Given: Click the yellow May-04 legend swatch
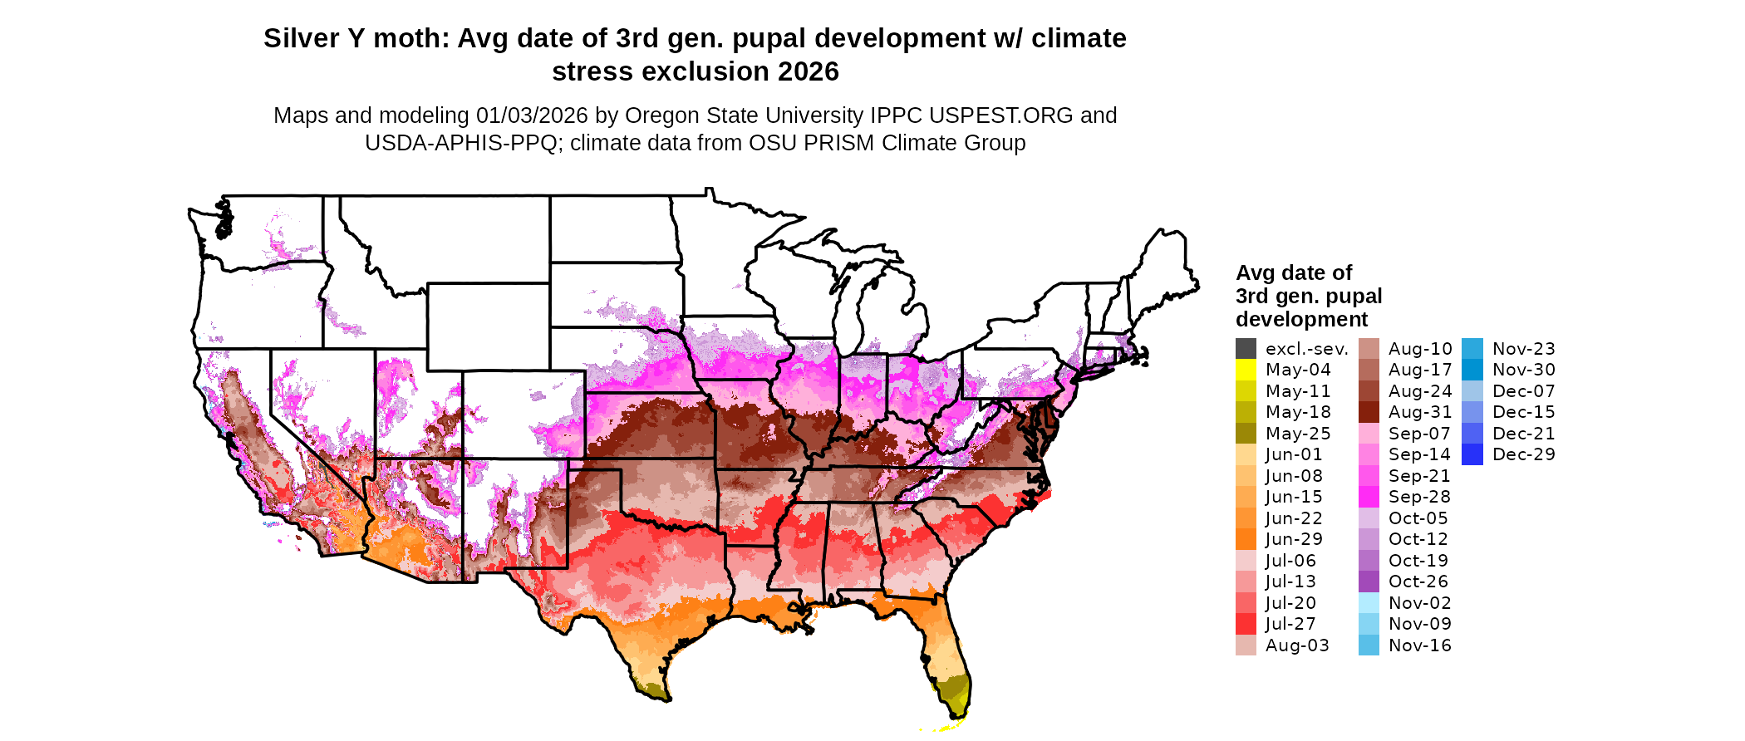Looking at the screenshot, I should [x=1246, y=370].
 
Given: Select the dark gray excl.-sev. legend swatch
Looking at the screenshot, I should [x=1246, y=349].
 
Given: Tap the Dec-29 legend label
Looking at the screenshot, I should [x=1523, y=454].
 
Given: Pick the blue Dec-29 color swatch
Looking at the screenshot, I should [x=1472, y=454].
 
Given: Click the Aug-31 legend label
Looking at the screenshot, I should [x=1419, y=412].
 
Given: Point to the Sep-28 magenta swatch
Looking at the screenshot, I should [x=1369, y=497].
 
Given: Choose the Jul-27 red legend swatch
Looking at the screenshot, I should [x=1246, y=624].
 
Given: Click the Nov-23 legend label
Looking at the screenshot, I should [x=1523, y=349].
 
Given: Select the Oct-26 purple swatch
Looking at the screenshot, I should [x=1369, y=582].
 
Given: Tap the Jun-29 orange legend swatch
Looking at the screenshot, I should [x=1246, y=539].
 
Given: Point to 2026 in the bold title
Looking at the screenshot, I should [x=808, y=72].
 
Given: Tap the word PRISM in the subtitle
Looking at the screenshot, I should [x=841, y=143].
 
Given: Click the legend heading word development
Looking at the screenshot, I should [x=1301, y=320].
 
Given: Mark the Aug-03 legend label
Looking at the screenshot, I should [x=1296, y=645].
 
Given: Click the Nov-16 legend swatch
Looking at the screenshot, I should [x=1369, y=645].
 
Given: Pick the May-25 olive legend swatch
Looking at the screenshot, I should [x=1246, y=434].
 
